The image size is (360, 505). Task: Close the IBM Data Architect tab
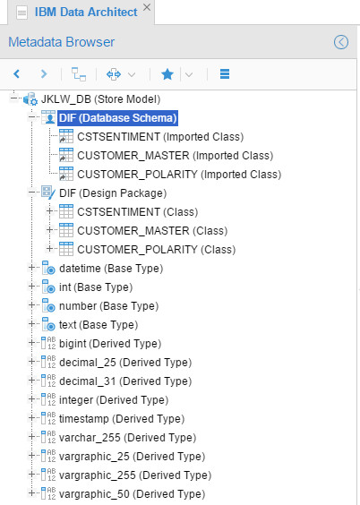147,7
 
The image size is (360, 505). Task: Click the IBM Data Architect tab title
86,13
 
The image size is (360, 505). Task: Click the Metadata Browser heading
61,42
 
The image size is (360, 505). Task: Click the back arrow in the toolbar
17,74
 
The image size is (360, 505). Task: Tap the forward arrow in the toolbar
44,74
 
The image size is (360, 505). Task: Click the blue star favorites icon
167,74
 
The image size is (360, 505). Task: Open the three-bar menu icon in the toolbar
225,74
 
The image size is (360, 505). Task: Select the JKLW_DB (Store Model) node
100,99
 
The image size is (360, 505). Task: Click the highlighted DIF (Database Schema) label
118,118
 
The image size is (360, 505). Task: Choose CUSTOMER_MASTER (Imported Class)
175,156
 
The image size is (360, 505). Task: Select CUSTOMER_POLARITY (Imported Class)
179,175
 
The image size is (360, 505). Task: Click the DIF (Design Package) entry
113,193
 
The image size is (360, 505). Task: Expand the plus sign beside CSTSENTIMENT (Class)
49,211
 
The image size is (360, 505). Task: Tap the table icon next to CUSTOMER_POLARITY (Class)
66,249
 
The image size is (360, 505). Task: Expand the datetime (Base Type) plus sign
31,268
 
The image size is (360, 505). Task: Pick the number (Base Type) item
109,306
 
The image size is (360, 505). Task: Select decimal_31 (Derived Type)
125,381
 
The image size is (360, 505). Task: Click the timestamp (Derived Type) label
122,419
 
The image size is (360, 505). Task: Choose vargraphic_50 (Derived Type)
132,494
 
